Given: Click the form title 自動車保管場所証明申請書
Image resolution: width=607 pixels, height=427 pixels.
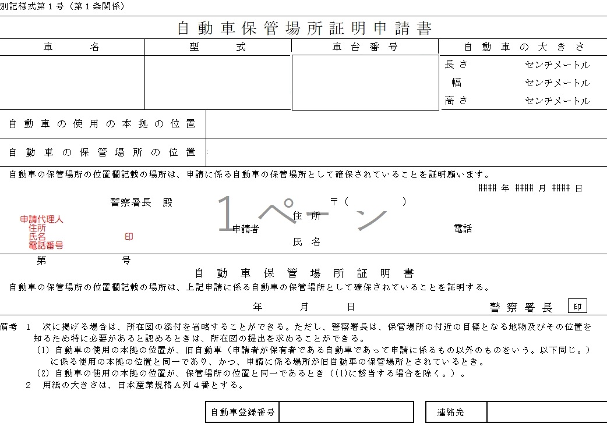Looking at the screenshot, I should click(x=304, y=28).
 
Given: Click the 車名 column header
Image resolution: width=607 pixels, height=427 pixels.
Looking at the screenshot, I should click(x=72, y=48).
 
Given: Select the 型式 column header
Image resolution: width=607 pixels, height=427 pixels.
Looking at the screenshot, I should click(x=218, y=48).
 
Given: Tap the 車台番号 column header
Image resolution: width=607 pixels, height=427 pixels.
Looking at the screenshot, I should click(x=365, y=48).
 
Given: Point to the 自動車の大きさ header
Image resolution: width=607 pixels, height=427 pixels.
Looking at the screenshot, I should click(x=523, y=48).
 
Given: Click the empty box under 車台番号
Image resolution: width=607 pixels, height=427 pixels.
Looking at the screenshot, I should click(x=365, y=83).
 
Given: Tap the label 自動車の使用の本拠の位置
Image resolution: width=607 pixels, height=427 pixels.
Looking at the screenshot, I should click(x=103, y=124).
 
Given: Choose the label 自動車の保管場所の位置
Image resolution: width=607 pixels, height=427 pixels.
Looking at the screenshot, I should click(x=103, y=152).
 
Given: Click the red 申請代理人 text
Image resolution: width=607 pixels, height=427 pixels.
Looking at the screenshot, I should click(x=41, y=219).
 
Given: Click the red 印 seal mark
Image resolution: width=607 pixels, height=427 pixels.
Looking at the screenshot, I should click(x=129, y=237).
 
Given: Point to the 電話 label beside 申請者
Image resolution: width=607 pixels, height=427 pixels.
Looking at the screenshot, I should click(x=463, y=229).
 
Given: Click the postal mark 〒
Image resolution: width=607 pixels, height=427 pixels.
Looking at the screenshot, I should click(x=334, y=202).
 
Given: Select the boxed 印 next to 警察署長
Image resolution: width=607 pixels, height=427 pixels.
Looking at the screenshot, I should click(x=577, y=307).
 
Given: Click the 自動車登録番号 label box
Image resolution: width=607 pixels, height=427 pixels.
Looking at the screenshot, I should click(x=242, y=412).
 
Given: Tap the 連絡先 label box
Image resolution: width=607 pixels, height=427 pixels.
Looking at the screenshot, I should click(x=456, y=412).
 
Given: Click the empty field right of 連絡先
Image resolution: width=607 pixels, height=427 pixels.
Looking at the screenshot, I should click(x=546, y=412).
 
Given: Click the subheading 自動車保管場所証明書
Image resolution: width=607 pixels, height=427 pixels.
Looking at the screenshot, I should click(x=304, y=273).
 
